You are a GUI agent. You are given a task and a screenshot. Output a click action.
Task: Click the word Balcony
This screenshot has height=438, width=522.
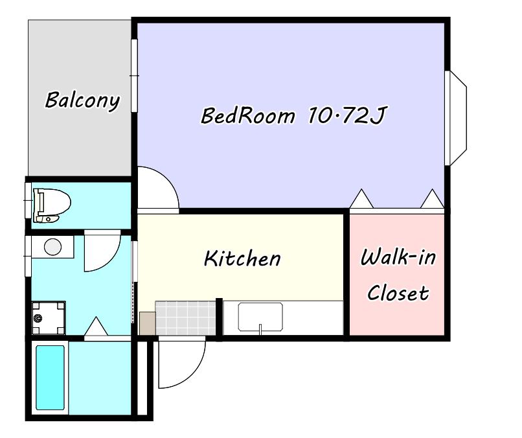[82, 100]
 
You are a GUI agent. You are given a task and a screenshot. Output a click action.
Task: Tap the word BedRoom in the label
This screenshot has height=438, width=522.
[248, 115]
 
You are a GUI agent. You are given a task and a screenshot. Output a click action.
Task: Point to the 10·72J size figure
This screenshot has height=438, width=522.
[346, 115]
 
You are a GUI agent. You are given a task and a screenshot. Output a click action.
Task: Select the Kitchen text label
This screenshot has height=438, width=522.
[242, 258]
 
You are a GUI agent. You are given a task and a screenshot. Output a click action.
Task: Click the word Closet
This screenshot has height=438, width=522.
[398, 293]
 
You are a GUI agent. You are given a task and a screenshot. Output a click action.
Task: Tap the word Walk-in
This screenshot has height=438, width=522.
[398, 257]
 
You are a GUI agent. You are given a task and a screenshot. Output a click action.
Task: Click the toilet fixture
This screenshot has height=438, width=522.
[52, 205]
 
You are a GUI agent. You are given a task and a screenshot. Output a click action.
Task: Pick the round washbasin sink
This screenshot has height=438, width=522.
[52, 247]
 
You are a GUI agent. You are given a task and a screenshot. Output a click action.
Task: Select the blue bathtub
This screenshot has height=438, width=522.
[51, 378]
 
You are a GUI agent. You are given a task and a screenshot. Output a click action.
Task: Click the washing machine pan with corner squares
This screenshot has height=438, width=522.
[49, 317]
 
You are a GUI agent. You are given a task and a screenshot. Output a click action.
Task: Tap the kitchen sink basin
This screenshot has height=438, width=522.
[260, 317]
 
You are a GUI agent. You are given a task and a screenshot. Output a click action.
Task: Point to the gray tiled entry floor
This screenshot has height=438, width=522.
[185, 317]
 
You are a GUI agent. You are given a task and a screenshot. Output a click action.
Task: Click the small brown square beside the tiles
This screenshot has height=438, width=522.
[147, 323]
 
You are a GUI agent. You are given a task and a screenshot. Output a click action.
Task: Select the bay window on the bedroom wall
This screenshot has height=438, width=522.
[456, 118]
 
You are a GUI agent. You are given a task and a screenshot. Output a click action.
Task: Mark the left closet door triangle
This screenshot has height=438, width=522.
[361, 198]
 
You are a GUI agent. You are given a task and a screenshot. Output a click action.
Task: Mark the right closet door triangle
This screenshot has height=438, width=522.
[432, 198]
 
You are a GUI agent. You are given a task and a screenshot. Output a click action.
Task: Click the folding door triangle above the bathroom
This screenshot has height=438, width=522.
[96, 326]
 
